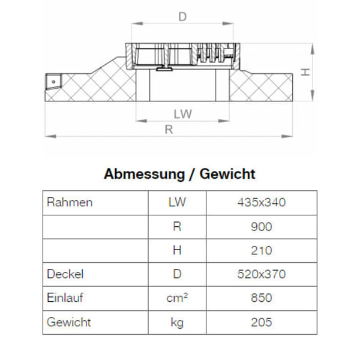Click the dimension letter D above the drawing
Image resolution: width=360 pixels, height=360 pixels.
182,17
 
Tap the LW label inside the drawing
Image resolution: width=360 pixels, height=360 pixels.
182,114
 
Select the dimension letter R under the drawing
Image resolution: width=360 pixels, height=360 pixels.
169,130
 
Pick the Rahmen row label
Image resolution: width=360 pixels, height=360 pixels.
70,202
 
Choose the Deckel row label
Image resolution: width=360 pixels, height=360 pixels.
65,274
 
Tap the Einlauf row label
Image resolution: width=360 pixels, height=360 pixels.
66,298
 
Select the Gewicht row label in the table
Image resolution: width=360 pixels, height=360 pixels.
69,322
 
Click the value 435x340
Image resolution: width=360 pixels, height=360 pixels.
262,202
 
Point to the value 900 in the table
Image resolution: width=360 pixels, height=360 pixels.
262,226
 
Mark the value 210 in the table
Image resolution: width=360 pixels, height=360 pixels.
262,250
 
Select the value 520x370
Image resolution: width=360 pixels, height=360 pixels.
262,274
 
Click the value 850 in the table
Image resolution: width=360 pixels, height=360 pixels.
262,298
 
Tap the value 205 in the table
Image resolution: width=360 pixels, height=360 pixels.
262,322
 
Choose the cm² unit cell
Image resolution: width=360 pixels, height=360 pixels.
177,298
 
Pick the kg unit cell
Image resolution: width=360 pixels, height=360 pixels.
177,323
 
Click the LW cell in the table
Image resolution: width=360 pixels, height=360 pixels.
177,202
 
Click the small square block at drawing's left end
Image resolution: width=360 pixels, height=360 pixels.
53,80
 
